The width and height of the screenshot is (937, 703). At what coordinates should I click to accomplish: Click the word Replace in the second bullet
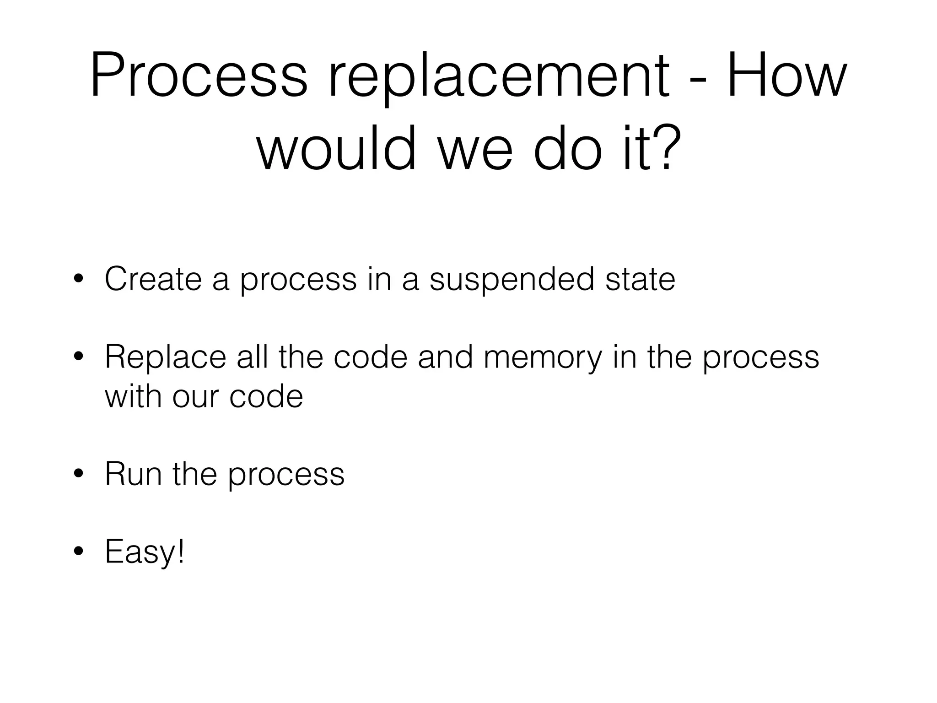pyautogui.click(x=165, y=357)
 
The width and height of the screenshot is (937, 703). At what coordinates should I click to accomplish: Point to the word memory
pyautogui.click(x=543, y=357)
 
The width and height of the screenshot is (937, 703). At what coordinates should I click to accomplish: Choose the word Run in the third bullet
pyautogui.click(x=133, y=474)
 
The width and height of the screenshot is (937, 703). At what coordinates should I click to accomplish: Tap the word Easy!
pyautogui.click(x=145, y=552)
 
